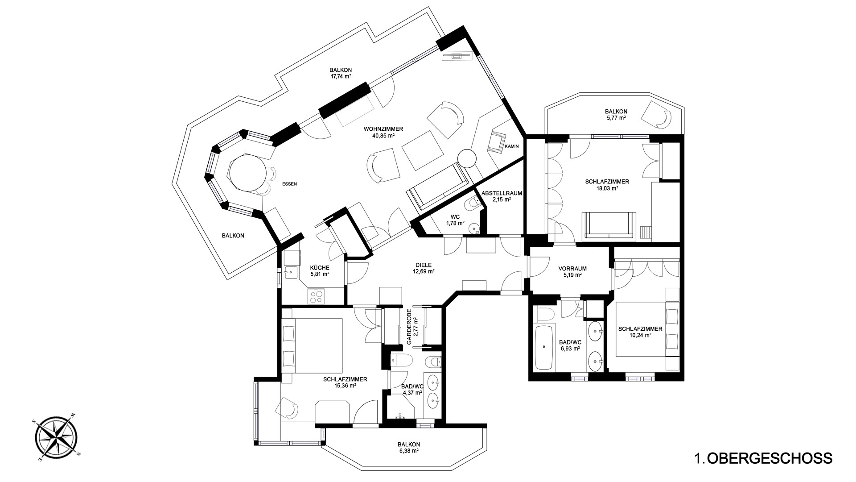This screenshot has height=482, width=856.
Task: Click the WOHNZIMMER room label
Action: (x=383, y=129)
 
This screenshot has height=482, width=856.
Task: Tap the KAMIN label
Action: (x=512, y=146)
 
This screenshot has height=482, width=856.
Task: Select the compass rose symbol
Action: (x=56, y=438)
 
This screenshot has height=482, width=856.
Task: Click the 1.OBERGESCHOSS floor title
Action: (x=763, y=458)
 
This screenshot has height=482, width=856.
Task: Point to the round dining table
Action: (x=247, y=172)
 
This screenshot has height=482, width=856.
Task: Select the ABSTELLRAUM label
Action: (x=502, y=193)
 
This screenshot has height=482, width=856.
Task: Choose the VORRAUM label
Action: (x=572, y=269)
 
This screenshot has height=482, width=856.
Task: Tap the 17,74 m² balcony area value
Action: (x=341, y=76)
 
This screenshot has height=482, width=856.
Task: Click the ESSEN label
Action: (x=289, y=184)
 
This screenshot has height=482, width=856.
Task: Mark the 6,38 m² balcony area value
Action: (x=409, y=451)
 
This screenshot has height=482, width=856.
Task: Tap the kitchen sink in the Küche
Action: (x=290, y=272)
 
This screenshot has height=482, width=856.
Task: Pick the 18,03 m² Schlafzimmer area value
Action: (x=607, y=188)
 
